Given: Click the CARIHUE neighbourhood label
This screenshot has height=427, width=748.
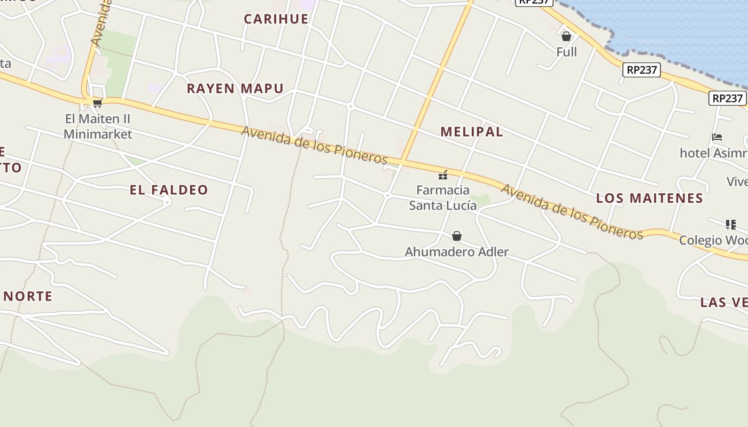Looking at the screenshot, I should point(276,19).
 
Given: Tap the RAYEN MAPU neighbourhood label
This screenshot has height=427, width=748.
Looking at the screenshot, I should point(235,89).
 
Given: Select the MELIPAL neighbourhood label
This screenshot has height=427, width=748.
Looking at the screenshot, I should point(472,132).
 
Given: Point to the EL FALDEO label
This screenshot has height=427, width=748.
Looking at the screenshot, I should point(169,190).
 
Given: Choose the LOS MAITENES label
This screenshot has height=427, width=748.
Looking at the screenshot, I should point(650,199).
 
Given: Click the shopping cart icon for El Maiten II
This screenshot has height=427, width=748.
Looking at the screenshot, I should point(97,103).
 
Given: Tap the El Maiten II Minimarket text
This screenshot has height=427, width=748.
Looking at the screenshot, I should point(98,126).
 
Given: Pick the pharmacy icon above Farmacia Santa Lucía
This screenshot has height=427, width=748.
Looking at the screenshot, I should point(443,175).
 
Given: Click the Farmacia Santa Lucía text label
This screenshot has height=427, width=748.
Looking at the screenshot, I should point(443,197).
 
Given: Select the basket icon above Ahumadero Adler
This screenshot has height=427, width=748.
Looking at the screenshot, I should point(457,236).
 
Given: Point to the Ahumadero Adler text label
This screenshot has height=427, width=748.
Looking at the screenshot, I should point(457,252).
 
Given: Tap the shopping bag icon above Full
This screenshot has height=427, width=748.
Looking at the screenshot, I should point(566,37).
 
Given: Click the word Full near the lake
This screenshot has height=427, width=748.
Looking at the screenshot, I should point(566,52).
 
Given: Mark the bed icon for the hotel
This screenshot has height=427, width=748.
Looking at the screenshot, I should point(717,137).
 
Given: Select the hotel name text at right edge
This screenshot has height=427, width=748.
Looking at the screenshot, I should point(713,153).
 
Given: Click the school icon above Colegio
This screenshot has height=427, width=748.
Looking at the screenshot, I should point(730,225).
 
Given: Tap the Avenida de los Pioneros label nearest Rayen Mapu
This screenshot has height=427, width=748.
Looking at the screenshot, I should point(314,145).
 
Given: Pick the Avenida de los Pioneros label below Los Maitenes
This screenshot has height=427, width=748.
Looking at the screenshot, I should point(572,211).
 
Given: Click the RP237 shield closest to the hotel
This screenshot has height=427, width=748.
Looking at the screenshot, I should point(727,98).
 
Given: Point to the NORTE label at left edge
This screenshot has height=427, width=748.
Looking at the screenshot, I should point(28,297).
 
